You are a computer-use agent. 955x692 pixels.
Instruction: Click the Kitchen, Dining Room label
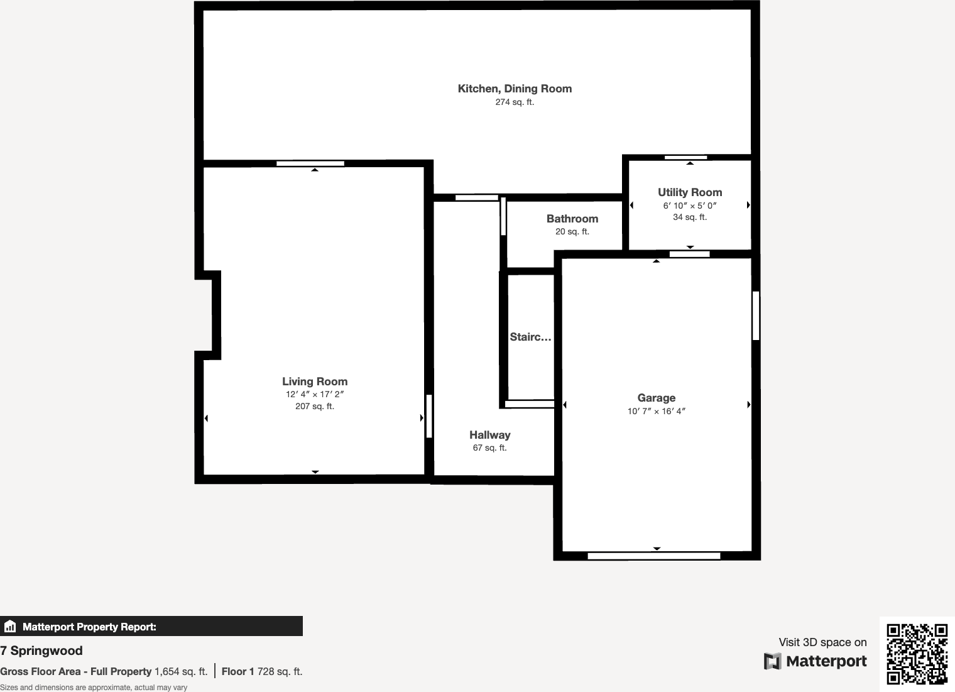click(x=515, y=89)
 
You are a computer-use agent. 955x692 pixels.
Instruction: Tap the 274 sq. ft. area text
click(x=515, y=102)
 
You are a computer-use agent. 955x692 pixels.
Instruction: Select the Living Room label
click(x=314, y=382)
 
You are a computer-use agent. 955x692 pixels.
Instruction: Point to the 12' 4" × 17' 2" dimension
click(x=314, y=395)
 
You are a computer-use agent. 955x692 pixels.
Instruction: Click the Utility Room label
click(x=690, y=192)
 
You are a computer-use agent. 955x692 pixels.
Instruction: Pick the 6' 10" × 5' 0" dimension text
click(x=690, y=206)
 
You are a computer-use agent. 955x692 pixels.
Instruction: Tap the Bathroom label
click(x=572, y=219)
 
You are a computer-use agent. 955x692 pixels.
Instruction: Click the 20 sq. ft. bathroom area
click(x=572, y=232)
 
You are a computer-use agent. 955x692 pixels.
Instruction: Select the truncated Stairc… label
click(x=530, y=337)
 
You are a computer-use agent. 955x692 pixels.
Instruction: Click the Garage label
click(x=656, y=398)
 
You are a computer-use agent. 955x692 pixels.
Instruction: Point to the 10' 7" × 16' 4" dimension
click(x=656, y=412)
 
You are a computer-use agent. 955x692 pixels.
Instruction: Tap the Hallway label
click(x=489, y=435)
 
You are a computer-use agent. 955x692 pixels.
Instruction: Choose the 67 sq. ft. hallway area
click(x=489, y=448)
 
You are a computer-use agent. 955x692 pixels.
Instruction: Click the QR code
click(x=917, y=654)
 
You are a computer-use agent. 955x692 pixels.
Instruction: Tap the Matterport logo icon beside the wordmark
click(x=772, y=661)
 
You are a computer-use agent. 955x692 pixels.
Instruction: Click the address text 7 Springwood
click(x=41, y=651)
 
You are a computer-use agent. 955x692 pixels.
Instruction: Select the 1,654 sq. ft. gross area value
click(x=181, y=671)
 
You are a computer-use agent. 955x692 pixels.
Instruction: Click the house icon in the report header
click(x=10, y=627)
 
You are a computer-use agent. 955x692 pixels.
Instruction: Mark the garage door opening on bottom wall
click(x=653, y=556)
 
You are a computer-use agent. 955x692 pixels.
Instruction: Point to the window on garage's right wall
click(x=756, y=315)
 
